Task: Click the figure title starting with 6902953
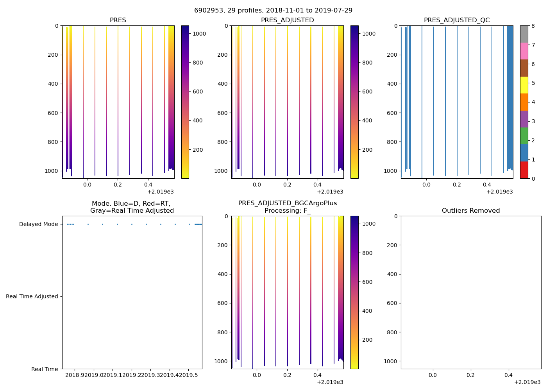[273, 11]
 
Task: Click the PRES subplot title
[118, 20]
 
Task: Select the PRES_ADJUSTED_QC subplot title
[457, 20]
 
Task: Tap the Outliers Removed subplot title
[471, 211]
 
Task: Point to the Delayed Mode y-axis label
[38, 224]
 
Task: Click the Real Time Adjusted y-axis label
[32, 297]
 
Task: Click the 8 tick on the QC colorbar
[533, 26]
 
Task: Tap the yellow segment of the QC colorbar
[524, 85]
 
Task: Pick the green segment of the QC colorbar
[524, 136]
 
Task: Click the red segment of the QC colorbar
[524, 170]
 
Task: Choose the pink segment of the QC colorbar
[524, 51]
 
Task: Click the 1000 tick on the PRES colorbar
[199, 34]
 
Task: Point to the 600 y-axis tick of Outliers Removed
[393, 303]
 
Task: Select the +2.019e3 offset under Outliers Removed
[527, 382]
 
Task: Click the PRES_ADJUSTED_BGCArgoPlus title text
[287, 203]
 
